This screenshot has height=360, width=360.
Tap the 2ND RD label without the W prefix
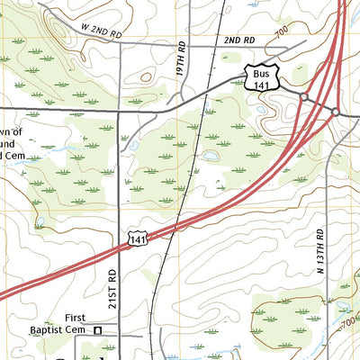(239, 41)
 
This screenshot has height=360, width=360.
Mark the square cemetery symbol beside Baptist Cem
(99, 330)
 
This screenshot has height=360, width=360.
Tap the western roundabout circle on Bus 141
(304, 97)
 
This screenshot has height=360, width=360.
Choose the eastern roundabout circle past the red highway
(335, 112)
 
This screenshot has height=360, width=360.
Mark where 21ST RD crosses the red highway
(120, 247)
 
